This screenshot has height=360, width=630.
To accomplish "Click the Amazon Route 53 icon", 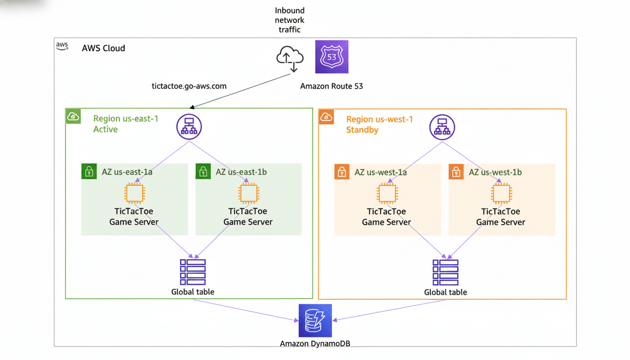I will [x=331, y=57].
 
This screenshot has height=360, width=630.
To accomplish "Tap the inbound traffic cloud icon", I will [x=290, y=58].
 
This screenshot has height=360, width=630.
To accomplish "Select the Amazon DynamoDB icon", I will [x=315, y=321].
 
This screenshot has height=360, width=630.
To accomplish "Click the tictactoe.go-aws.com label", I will [x=189, y=86].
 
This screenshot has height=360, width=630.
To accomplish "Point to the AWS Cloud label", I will [x=103, y=48].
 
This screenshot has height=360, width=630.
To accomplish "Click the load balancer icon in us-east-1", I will [x=189, y=127].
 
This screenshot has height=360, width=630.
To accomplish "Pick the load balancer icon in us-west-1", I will [x=442, y=127].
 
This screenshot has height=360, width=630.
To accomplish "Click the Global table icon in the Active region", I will [x=193, y=272].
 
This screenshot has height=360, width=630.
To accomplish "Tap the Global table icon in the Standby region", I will [x=445, y=272].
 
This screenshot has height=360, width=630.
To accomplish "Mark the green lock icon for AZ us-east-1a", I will [x=89, y=172].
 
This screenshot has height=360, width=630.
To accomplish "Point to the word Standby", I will [x=362, y=130].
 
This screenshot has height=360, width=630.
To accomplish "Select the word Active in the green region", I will [x=105, y=129].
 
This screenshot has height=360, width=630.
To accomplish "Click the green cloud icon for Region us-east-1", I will [x=73, y=117].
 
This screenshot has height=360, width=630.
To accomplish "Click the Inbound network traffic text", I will [x=290, y=20].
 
